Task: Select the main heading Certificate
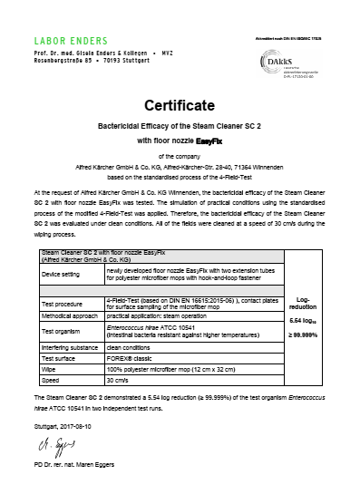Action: point(180,105)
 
